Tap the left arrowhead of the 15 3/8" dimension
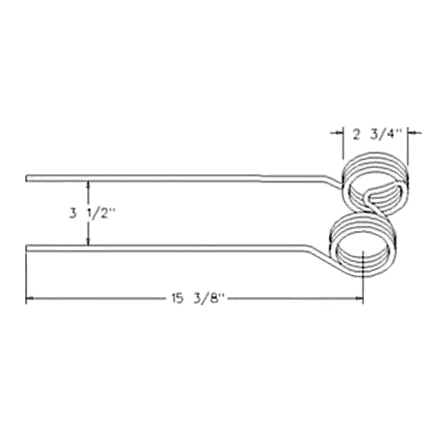(x=29, y=299)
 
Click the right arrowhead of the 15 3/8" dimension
(x=360, y=299)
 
